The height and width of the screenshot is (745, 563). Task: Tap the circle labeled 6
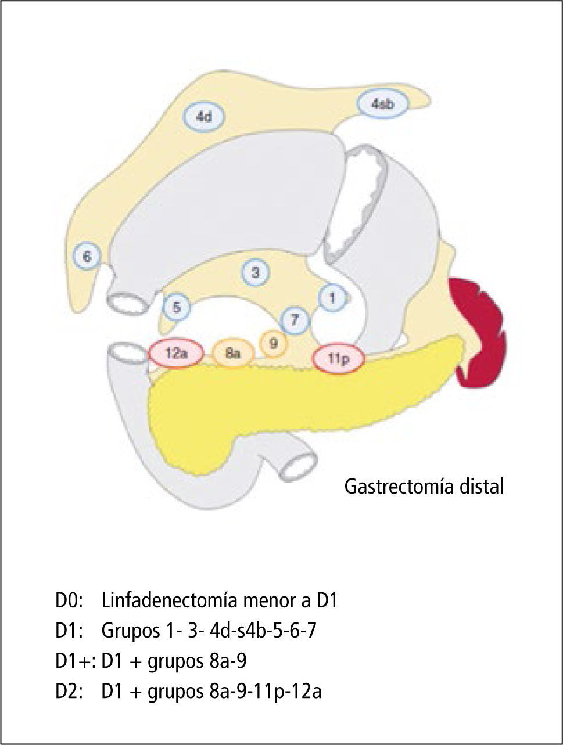tap(87, 256)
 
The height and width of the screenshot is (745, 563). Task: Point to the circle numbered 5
tap(176, 308)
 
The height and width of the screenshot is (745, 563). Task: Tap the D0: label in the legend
tap(70, 600)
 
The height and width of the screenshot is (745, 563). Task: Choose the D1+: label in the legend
tap(76, 661)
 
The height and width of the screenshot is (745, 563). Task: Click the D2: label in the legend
tap(70, 692)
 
